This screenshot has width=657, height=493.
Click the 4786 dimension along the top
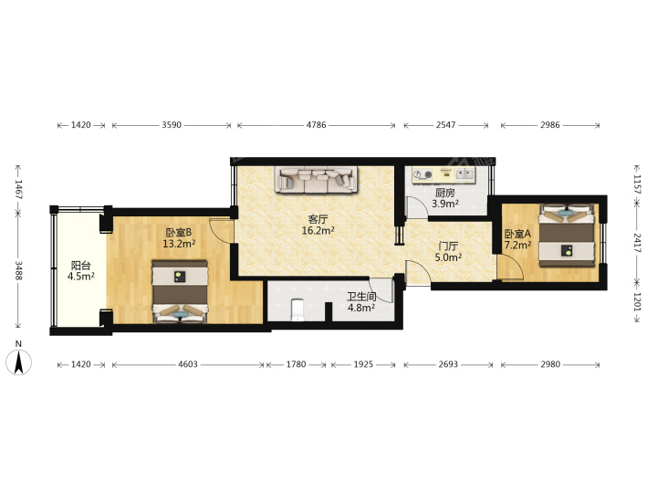point(316,125)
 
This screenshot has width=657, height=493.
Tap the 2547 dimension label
point(445,125)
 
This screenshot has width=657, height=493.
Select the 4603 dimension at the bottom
point(188,364)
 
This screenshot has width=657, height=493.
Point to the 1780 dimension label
point(296,364)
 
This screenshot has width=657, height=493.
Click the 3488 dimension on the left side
point(19,270)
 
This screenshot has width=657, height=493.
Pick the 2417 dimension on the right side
point(637,243)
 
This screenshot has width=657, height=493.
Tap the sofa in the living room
point(317,180)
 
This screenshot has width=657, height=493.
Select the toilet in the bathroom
point(297,309)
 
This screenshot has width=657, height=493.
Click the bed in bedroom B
point(180,292)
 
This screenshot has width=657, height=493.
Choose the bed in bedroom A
point(567,236)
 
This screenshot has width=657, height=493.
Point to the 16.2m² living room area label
point(318,230)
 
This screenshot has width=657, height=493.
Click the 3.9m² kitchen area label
point(445,204)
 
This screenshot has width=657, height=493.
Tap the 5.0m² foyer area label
point(448,257)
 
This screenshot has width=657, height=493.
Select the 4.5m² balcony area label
point(81,277)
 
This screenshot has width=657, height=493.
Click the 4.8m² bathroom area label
point(361,308)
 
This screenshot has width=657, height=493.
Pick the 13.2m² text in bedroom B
point(179,244)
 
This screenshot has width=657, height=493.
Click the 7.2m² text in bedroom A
point(518,245)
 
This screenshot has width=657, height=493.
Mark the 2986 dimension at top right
point(549,125)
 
